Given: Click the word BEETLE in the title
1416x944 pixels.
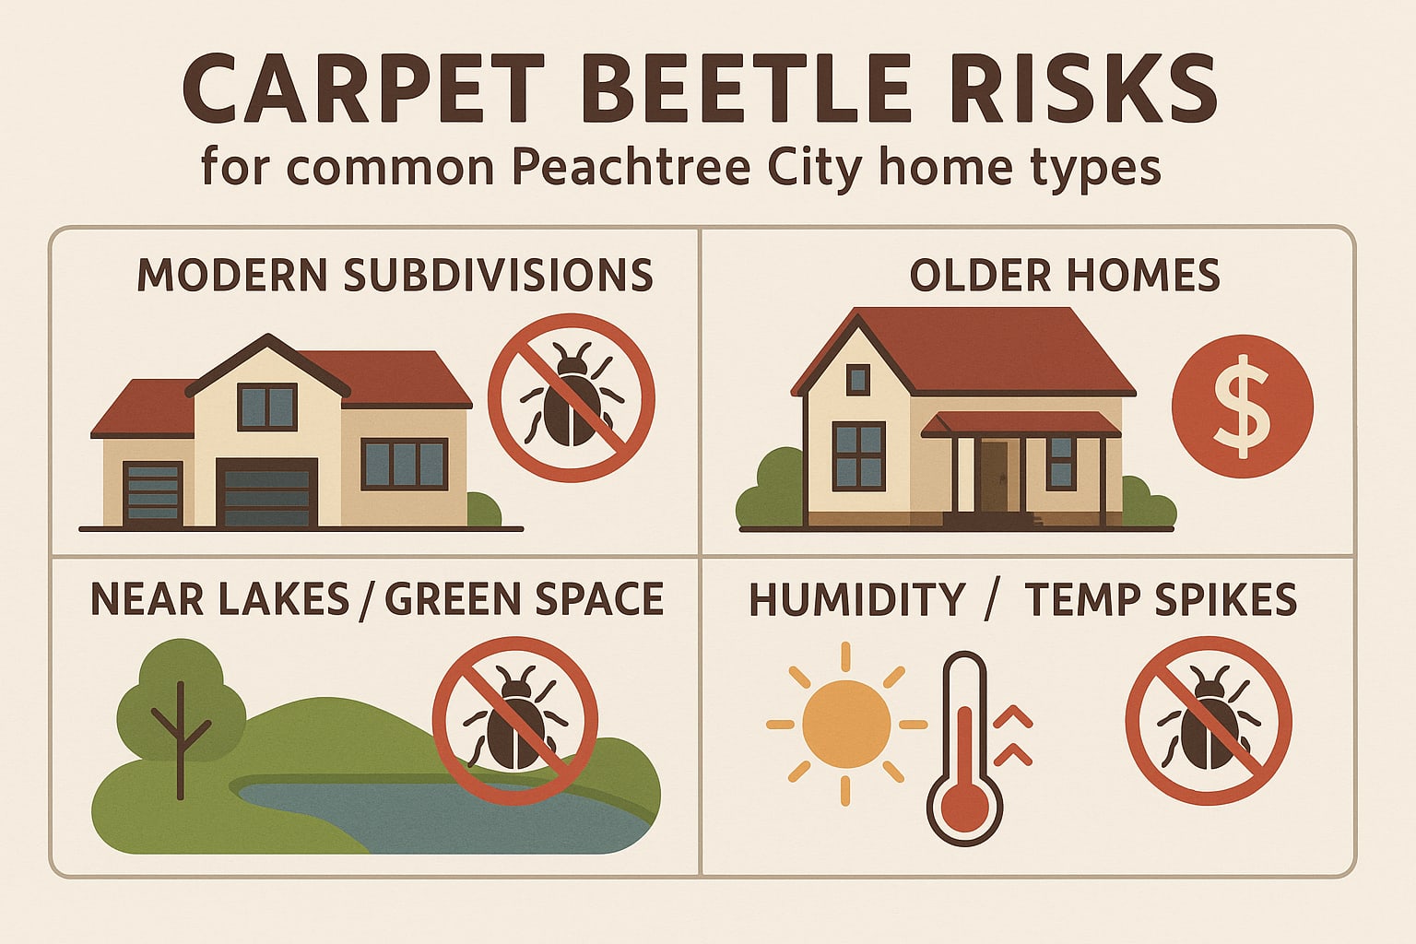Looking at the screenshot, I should (747, 89).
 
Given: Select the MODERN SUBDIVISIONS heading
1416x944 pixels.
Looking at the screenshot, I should (395, 275).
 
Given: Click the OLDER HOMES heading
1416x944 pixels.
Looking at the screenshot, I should (1065, 275).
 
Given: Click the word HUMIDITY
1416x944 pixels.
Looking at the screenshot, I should (856, 600).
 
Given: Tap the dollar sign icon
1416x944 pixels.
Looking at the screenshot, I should (1242, 407).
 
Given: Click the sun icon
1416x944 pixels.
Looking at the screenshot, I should (846, 725).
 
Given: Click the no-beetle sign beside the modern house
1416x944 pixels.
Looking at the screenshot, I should (571, 397).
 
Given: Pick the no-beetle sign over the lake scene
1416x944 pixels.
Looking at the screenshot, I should (515, 720).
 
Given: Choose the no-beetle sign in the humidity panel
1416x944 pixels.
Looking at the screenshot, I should (1208, 720).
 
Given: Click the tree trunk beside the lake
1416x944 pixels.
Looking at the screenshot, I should (181, 747).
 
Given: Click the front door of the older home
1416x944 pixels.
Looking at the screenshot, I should (994, 476).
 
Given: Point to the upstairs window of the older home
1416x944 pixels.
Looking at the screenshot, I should (857, 379).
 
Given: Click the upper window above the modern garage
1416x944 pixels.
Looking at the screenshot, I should (267, 407).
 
